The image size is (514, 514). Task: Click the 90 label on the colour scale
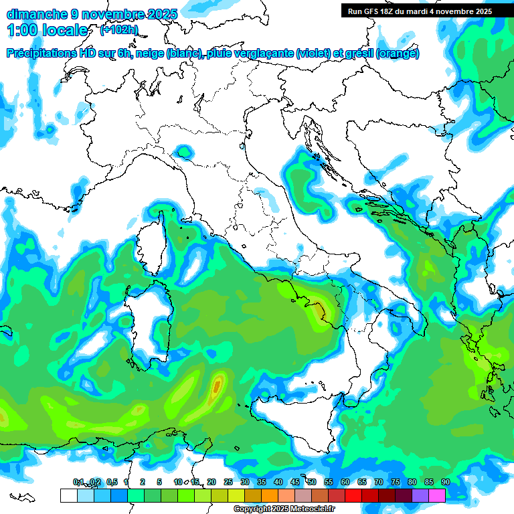pyautogui.click(x=446, y=482)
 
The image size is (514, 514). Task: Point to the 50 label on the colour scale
pyautogui.click(x=312, y=482)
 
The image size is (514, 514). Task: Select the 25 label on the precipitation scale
pyautogui.click(x=228, y=482)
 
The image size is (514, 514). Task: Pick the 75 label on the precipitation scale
pyautogui.click(x=396, y=482)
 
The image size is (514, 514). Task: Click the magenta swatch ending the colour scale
pyautogui.click(x=437, y=495)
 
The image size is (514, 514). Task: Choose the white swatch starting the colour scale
pyautogui.click(x=68, y=495)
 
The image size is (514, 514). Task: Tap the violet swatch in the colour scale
pyautogui.click(x=420, y=495)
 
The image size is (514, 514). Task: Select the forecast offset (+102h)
pyautogui.click(x=119, y=30)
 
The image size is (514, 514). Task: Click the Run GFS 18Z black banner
pyautogui.click(x=420, y=11)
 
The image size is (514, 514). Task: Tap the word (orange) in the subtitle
pyautogui.click(x=398, y=54)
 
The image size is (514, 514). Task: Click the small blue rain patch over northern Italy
pyautogui.click(x=183, y=153)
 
